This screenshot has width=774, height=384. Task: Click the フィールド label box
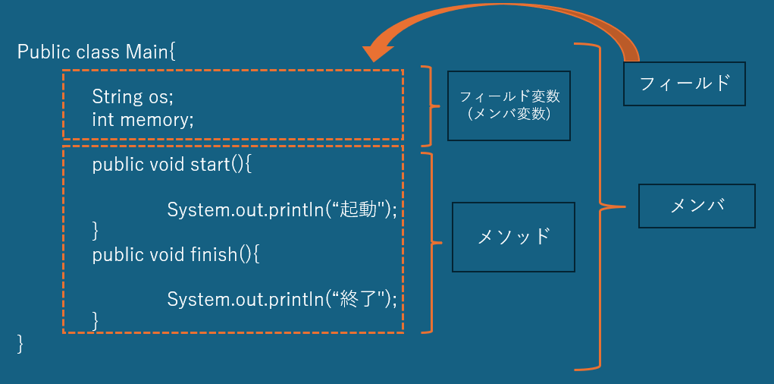tap(684, 83)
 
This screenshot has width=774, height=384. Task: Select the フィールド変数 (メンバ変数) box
tap(509, 105)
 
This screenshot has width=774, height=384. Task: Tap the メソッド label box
tap(512, 237)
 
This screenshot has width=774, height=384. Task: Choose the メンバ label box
tap(697, 206)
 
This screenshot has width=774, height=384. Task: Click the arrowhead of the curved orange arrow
tap(377, 52)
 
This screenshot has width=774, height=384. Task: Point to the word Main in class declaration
tap(149, 52)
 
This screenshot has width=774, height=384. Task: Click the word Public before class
tap(44, 52)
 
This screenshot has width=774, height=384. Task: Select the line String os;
tap(133, 96)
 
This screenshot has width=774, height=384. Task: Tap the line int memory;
tap(143, 119)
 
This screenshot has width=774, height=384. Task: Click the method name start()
tap(219, 164)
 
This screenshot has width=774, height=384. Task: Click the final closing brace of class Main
tap(20, 343)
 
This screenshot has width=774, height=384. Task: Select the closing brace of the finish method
tap(96, 317)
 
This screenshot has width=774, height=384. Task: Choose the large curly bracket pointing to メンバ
tap(601, 206)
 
